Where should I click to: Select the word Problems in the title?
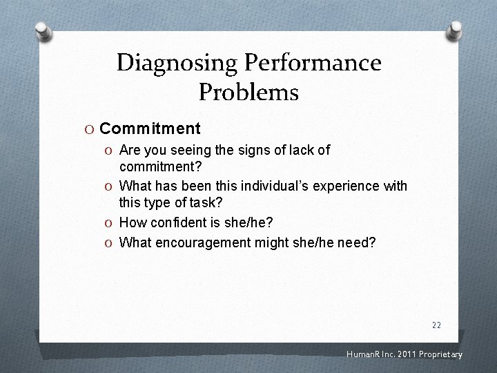(x=248, y=91)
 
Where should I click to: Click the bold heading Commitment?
(x=150, y=128)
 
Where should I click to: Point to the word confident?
(x=180, y=222)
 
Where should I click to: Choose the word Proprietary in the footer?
(x=440, y=355)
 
